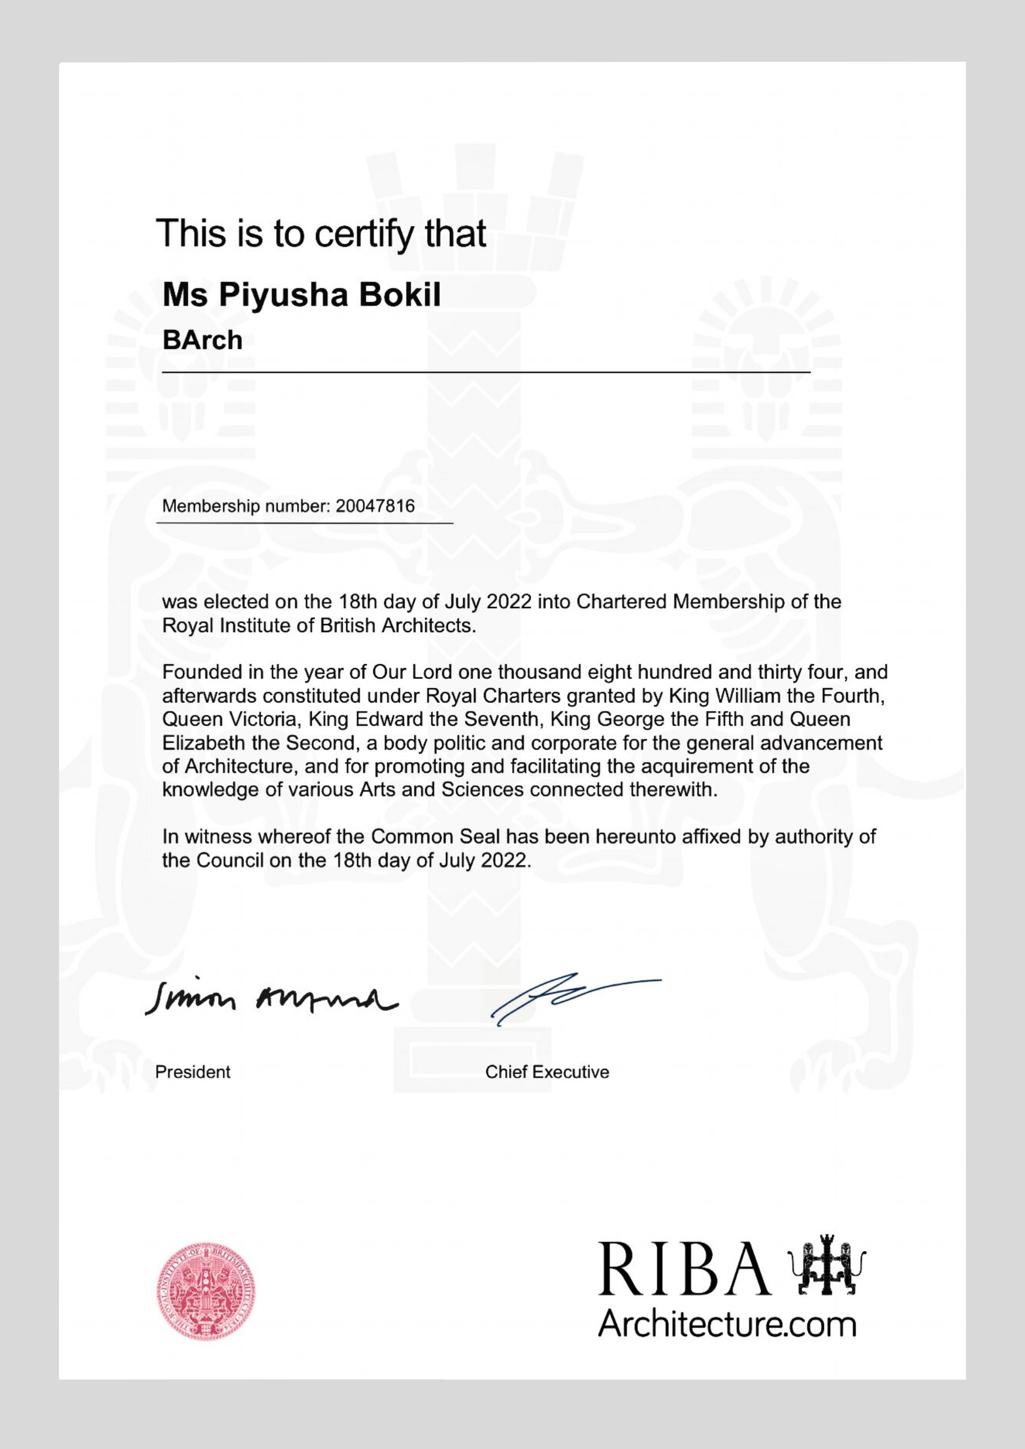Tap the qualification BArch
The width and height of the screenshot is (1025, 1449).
coord(202,340)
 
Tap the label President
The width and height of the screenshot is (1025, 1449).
coord(192,1071)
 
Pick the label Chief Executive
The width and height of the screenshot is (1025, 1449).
coord(547,1071)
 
